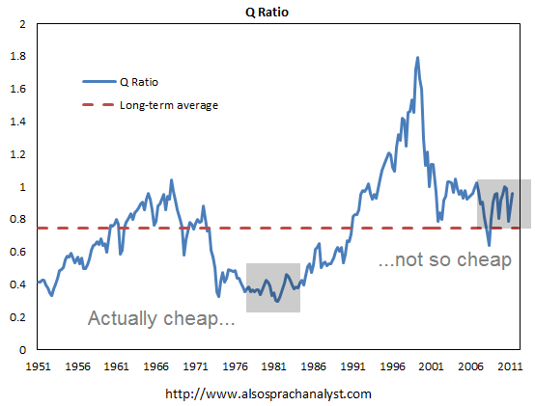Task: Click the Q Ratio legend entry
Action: click(136, 82)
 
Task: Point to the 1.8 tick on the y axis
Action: click(19, 57)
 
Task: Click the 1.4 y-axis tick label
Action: click(19, 122)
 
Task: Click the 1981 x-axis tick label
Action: click(274, 367)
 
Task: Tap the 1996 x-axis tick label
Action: click(393, 367)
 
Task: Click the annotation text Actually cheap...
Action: click(161, 319)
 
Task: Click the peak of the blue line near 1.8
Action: click(417, 58)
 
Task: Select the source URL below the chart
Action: click(268, 393)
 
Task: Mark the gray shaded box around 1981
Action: click(273, 287)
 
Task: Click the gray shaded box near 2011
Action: click(503, 204)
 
